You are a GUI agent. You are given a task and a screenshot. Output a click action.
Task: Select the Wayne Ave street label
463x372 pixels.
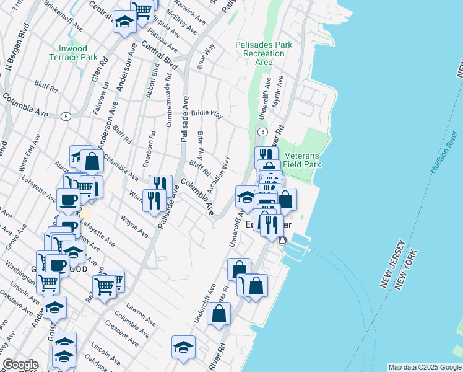tap(134, 226)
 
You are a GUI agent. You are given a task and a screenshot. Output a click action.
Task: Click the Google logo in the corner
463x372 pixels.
tap(20, 365)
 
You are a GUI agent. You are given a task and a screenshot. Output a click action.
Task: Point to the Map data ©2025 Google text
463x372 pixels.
tap(424, 367)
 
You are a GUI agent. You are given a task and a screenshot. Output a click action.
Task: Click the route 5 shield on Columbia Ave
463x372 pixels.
tap(66, 116)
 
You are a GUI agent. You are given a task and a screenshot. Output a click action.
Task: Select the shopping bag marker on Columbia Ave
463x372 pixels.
tap(92, 161)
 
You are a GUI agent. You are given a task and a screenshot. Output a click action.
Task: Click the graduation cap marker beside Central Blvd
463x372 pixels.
tap(124, 21)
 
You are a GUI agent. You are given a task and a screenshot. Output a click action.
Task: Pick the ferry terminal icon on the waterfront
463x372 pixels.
tap(283, 241)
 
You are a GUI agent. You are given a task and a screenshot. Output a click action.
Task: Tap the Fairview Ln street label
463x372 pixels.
tap(105, 91)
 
